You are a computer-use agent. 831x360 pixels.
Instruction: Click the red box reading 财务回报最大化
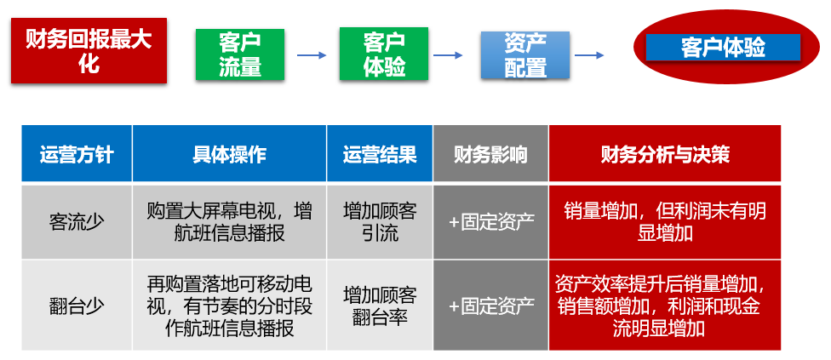click(89, 51)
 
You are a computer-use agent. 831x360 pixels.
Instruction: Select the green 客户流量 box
click(239, 54)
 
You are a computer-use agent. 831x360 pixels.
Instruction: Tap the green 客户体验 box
click(384, 54)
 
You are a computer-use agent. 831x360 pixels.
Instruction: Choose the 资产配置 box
click(525, 55)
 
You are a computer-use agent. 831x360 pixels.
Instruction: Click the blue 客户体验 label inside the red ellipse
click(723, 47)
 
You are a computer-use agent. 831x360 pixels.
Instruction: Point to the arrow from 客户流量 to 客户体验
click(312, 55)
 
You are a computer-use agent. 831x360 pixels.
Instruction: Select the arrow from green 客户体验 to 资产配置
click(449, 55)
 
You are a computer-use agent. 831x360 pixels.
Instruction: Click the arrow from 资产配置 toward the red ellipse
click(589, 55)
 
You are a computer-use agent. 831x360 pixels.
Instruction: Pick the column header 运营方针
click(77, 153)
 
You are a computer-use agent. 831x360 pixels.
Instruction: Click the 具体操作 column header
click(230, 153)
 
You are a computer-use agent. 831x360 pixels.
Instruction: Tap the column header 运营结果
click(380, 153)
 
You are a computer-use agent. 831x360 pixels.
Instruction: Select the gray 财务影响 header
click(490, 153)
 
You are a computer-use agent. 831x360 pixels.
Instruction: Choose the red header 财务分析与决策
click(665, 153)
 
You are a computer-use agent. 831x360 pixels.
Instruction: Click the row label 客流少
click(77, 222)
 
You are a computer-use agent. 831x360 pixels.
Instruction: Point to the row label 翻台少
click(77, 305)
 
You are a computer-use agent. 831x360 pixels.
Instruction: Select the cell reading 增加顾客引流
click(380, 222)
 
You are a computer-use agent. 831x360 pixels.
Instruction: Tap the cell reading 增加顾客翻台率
click(380, 305)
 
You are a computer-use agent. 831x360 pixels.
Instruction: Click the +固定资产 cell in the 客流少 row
click(490, 222)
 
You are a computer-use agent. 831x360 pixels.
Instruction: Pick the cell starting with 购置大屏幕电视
click(230, 222)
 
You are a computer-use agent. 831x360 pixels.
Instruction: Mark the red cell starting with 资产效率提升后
click(665, 305)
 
